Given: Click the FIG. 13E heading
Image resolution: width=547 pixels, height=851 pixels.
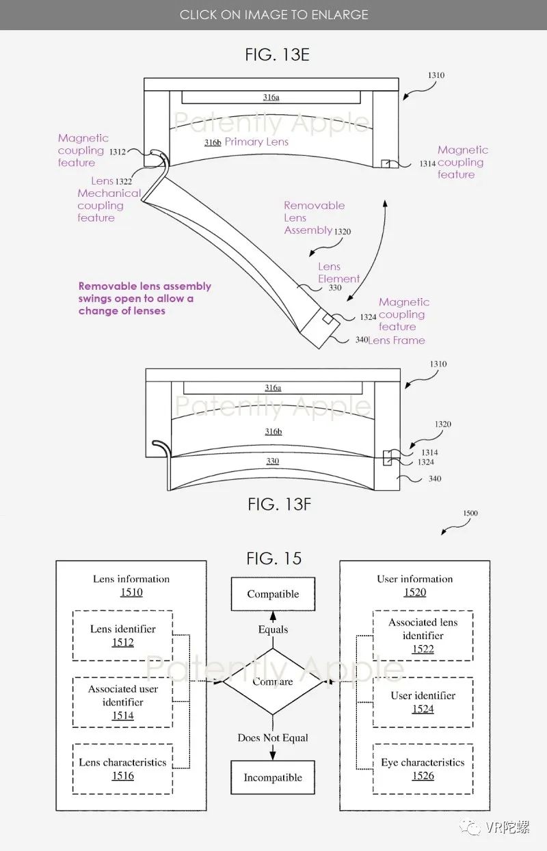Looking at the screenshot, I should (x=277, y=55).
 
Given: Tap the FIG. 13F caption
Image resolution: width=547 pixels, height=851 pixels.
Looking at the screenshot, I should (x=279, y=504).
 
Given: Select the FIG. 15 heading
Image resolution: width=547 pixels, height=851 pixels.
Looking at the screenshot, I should (x=273, y=558).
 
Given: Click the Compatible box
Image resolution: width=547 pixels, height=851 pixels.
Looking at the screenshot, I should (x=273, y=594).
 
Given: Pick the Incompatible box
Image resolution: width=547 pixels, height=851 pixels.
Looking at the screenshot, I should (x=273, y=777).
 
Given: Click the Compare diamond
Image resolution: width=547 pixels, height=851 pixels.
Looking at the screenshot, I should (x=273, y=681).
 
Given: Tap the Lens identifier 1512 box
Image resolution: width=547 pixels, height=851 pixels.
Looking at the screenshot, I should (x=122, y=636).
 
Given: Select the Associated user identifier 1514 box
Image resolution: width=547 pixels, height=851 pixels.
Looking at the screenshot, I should (x=122, y=702).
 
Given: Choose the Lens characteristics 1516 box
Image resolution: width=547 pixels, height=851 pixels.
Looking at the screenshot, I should (x=122, y=769).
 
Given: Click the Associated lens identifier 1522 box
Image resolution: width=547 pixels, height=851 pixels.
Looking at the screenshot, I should (x=423, y=636).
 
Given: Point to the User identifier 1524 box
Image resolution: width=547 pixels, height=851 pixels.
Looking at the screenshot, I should (x=423, y=702).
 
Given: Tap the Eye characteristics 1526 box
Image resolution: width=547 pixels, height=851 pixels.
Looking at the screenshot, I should (x=423, y=769).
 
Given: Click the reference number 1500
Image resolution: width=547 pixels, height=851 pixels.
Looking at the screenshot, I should (x=470, y=513).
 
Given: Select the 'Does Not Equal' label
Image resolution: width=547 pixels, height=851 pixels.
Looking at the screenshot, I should (x=273, y=738).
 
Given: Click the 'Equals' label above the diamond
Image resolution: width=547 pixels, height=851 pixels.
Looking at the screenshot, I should (x=273, y=630).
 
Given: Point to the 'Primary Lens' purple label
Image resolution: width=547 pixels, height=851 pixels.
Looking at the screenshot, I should (x=256, y=142).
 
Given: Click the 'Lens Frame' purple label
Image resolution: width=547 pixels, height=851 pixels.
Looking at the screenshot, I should (x=397, y=340).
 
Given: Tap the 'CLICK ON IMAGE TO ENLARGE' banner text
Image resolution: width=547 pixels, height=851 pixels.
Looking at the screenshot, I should (x=273, y=14).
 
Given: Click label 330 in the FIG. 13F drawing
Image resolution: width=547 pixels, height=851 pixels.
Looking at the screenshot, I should (x=272, y=461).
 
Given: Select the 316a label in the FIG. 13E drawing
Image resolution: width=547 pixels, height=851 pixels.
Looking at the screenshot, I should (x=271, y=98).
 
